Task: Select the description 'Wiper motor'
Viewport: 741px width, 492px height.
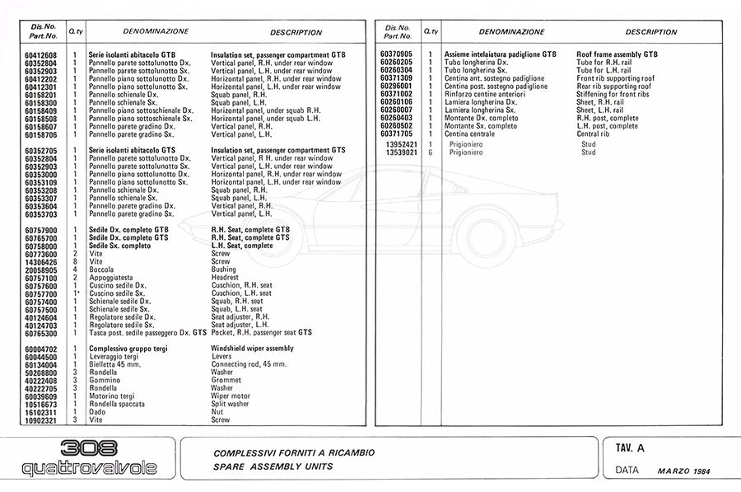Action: [x=231, y=396]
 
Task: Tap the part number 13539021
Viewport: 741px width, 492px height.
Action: [x=401, y=152]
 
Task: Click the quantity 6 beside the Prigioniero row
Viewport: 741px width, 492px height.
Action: [x=430, y=152]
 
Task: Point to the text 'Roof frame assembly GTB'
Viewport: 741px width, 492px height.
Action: [x=617, y=54]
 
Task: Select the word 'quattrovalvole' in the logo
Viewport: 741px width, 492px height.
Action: [x=89, y=470]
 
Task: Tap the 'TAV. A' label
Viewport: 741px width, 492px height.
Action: [x=630, y=448]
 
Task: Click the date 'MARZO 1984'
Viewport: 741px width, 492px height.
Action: [x=683, y=471]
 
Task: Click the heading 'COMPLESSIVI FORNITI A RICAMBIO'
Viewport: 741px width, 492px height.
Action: [x=294, y=452]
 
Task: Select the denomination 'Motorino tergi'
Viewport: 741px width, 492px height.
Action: [x=113, y=396]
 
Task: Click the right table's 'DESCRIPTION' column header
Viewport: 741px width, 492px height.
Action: [x=651, y=31]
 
